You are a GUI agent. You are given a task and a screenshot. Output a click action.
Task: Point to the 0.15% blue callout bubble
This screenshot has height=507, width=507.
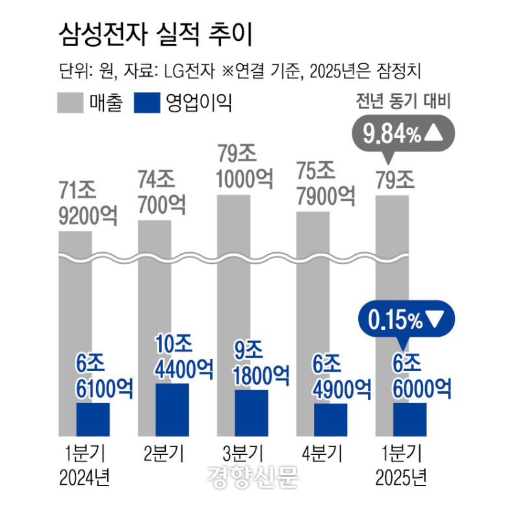tap(406, 319)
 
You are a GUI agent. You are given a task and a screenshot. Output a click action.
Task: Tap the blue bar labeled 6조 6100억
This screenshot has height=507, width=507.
tap(93, 419)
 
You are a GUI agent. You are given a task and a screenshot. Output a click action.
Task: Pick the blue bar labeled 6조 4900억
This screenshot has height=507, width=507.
tap(330, 419)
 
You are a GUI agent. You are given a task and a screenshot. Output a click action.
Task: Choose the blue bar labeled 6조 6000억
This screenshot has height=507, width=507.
tap(409, 419)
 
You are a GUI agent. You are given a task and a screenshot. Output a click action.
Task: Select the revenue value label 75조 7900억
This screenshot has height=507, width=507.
tap(326, 183)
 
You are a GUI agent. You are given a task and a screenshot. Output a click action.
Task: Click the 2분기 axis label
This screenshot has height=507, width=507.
tap(163, 453)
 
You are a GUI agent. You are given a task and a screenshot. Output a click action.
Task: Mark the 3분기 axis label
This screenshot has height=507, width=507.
tap(242, 453)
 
